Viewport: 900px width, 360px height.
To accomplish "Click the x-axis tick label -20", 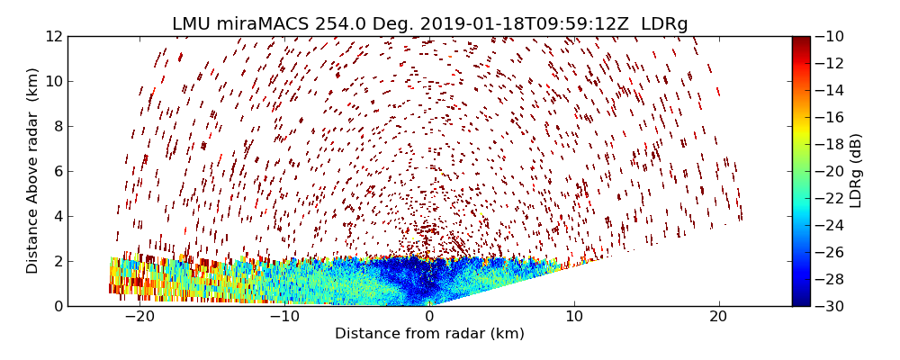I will (x=139, y=317).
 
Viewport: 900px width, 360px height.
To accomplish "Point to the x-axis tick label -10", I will (x=284, y=317).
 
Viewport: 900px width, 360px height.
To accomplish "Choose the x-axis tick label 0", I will (x=429, y=317).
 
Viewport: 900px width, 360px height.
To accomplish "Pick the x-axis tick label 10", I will (x=574, y=317).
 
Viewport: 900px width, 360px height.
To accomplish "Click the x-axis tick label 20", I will (x=718, y=317).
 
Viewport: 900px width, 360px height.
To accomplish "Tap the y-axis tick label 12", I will (x=53, y=36).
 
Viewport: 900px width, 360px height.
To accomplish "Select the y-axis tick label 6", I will (x=57, y=171).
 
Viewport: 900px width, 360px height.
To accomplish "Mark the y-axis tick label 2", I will (x=57, y=261).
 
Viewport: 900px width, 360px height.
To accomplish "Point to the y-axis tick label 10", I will (x=53, y=81).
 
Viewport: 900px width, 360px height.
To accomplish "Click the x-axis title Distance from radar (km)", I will (x=429, y=334).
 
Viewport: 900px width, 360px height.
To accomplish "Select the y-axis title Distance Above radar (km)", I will (x=33, y=170).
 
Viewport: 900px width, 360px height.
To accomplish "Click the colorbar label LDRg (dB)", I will (x=856, y=171).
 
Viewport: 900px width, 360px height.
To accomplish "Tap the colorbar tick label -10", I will (x=832, y=36).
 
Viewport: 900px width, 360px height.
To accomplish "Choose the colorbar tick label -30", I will (x=832, y=306).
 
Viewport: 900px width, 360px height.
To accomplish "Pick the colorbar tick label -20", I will (x=832, y=171).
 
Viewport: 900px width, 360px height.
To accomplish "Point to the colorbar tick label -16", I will (x=832, y=117).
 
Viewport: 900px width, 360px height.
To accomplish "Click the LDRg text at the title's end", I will (x=664, y=24).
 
